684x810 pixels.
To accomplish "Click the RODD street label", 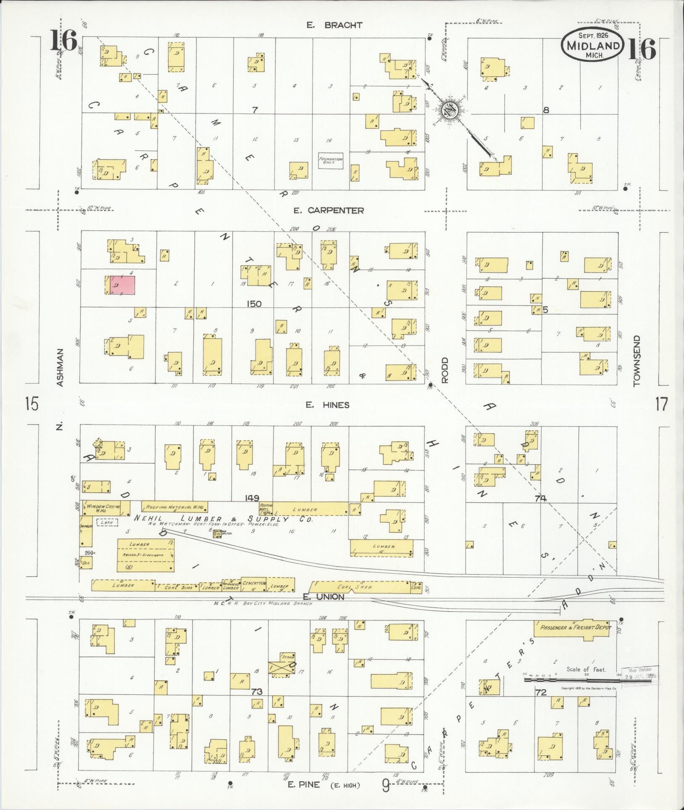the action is [445, 370].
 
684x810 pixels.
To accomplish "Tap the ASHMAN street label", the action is [60, 367].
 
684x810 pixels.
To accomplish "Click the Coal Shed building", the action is [359, 587].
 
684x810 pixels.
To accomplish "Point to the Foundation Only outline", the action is [331, 161].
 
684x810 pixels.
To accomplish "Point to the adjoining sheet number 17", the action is [660, 405].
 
